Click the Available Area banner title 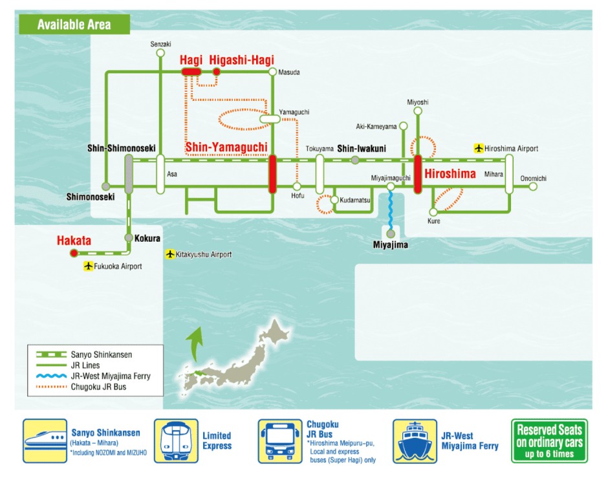pos(74,25)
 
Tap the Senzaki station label pos(160,44)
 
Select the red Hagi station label pos(191,60)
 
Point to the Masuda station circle pos(273,72)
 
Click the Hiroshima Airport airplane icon pos(479,149)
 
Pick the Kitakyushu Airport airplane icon pos(170,254)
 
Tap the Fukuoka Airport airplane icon pos(89,266)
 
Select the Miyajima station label pos(390,245)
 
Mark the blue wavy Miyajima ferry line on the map pos(391,210)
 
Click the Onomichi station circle pos(533,186)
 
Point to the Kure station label pos(433,221)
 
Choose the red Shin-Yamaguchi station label pos(226,147)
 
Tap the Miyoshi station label pos(417,102)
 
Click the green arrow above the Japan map pos(193,343)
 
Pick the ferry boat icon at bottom pos(414,441)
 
